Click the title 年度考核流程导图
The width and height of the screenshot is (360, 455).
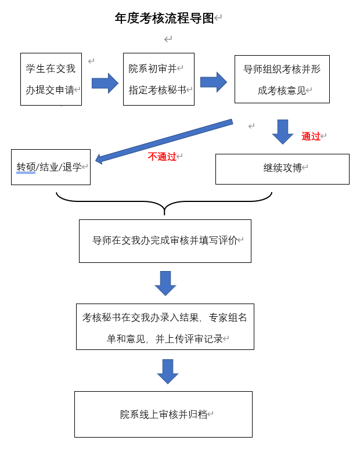(164, 19)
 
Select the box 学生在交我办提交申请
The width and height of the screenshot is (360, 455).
(51, 79)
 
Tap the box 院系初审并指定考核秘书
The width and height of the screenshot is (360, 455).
(159, 79)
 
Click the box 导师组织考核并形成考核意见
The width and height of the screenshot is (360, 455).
(282, 79)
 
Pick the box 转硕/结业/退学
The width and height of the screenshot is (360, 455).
(51, 167)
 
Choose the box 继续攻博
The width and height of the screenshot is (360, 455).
(282, 169)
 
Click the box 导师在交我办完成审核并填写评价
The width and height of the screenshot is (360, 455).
(165, 241)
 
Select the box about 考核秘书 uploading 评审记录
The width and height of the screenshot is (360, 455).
(165, 327)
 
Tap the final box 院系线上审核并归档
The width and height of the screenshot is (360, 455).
(163, 414)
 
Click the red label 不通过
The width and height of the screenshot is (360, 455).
(162, 157)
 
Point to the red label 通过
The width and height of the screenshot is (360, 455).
(311, 136)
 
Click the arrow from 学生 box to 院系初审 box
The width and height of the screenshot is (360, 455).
(105, 83)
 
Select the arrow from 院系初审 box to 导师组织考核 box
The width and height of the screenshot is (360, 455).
(213, 82)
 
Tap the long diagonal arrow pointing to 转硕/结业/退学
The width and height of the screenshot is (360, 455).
(164, 141)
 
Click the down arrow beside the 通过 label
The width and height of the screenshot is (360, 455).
(283, 132)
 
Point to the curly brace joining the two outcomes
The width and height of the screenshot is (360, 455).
(164, 202)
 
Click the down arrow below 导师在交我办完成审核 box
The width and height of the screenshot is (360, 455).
(165, 283)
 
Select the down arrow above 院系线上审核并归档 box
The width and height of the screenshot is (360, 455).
(168, 371)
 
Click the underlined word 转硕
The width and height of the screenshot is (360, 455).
(26, 167)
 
